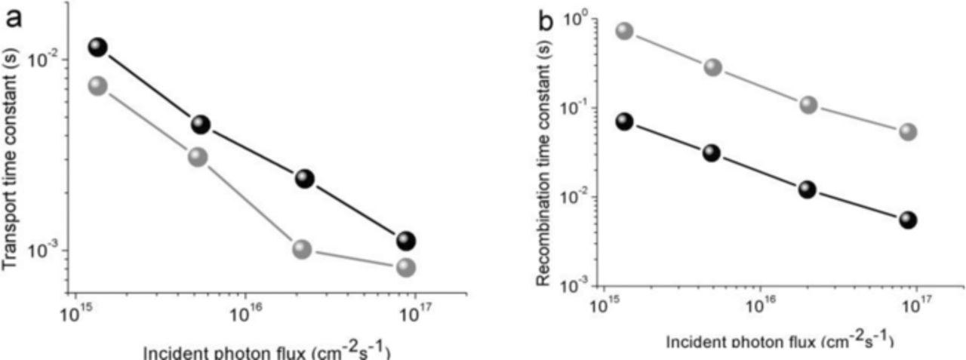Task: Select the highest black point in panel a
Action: pos(98,47)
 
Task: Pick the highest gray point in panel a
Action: pos(98,85)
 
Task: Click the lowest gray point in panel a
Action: pos(406,267)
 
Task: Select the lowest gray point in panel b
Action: pos(908,132)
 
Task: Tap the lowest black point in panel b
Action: pos(908,220)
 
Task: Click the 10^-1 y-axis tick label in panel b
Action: pos(575,109)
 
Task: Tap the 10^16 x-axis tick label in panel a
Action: pos(245,312)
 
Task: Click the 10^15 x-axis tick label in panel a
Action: pos(74,312)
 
